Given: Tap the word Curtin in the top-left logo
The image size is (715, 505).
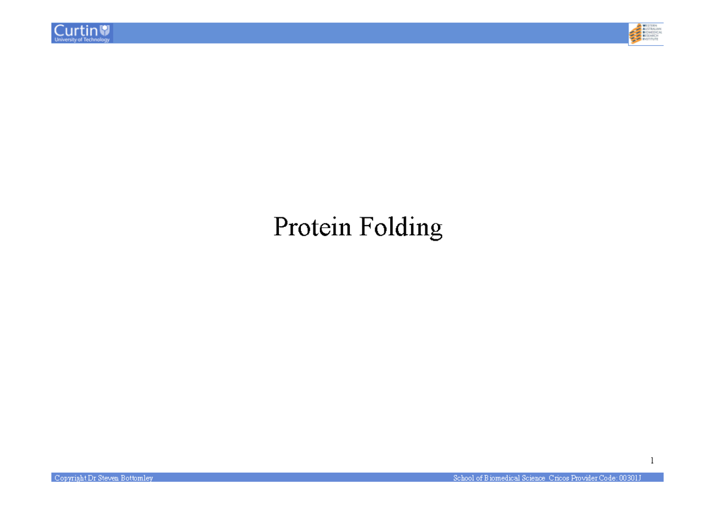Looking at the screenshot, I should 76,30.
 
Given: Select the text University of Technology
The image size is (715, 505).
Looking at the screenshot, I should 82,39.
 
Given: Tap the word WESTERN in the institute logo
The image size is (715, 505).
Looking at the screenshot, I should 651,26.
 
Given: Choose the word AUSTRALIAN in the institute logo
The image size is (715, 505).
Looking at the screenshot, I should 653,30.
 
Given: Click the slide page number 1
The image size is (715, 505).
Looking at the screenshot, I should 652,460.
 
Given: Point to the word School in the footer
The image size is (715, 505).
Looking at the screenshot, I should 464,478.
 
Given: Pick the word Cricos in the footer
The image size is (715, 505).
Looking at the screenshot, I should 558,478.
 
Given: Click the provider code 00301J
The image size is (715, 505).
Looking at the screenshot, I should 630,478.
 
